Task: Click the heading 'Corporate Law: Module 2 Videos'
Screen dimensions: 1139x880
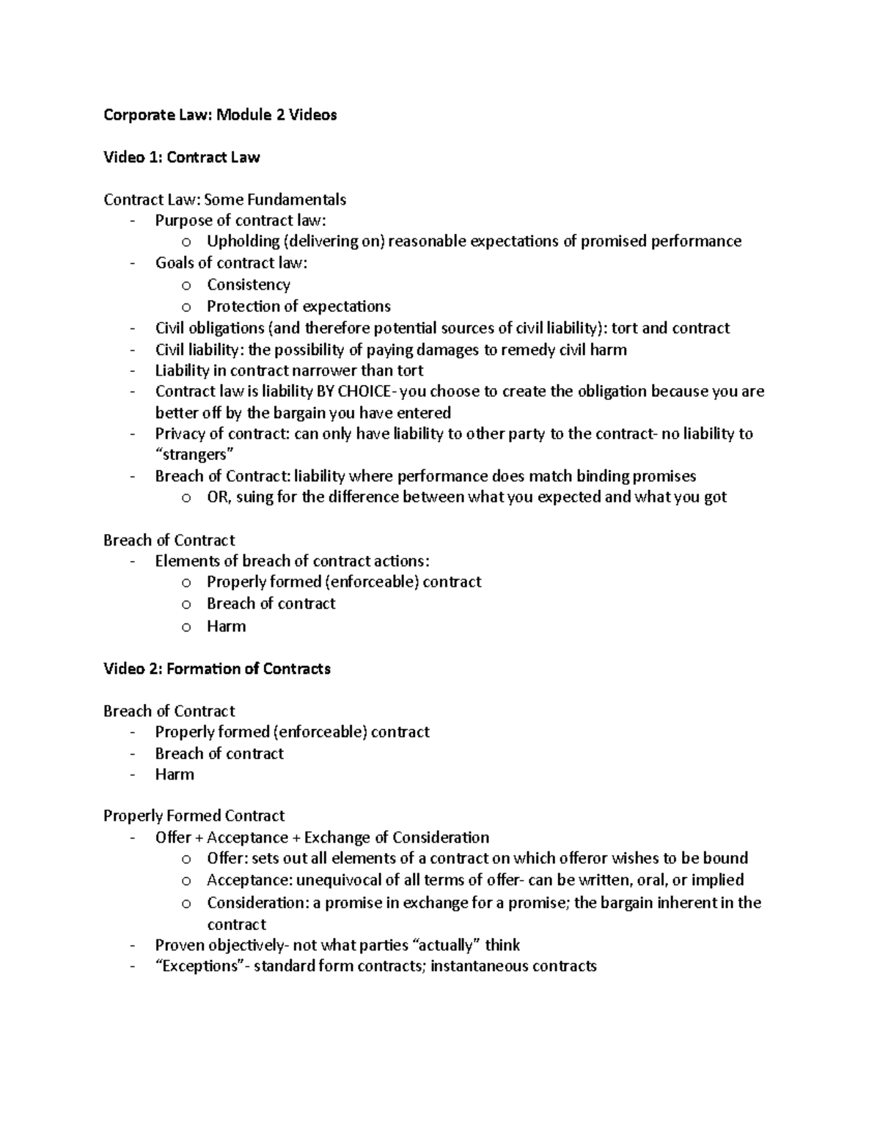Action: click(x=220, y=114)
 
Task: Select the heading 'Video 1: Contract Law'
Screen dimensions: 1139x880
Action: click(x=181, y=157)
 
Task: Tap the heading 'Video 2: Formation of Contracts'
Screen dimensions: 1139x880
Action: click(x=216, y=669)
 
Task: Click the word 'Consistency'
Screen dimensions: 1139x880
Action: click(x=248, y=285)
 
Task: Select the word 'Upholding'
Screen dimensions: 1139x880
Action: click(x=243, y=241)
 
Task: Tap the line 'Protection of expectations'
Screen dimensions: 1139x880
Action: click(x=298, y=307)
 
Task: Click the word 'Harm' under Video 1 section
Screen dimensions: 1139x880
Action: click(x=226, y=626)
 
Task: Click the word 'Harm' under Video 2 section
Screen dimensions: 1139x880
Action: click(x=175, y=774)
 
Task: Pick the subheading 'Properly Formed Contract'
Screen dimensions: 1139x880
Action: click(x=194, y=816)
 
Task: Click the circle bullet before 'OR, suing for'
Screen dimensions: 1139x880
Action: click(x=186, y=498)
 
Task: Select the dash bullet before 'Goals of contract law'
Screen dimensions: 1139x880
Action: click(x=132, y=263)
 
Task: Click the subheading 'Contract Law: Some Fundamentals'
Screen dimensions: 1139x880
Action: click(x=224, y=199)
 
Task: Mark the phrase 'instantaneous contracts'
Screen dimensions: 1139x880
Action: click(x=513, y=966)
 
